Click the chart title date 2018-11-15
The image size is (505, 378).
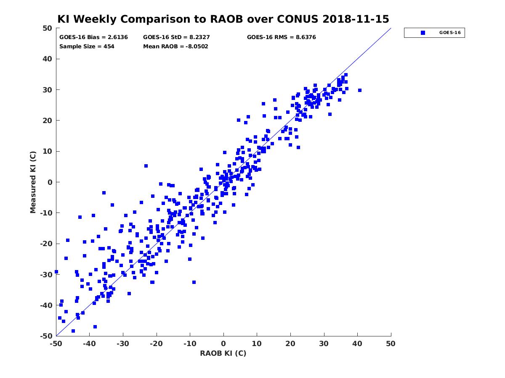pos(356,19)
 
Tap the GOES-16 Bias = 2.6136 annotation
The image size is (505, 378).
pos(93,37)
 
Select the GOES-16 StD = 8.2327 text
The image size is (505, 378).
pos(176,37)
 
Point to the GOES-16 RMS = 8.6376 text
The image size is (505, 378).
pos(281,37)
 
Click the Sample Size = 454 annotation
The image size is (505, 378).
pos(87,47)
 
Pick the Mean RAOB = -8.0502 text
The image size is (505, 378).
pos(175,47)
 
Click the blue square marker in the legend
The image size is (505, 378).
pos(423,33)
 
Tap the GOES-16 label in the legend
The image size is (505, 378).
pos(450,33)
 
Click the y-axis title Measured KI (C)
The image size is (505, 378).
pos(33,182)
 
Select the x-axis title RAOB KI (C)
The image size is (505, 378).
pos(223,353)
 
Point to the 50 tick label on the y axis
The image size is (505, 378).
pos(48,28)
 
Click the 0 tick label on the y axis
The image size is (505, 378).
pos(50,182)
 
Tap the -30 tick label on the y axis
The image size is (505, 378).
pos(46,275)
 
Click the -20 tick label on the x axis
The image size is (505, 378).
pos(156,344)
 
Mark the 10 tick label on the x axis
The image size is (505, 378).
pos(257,344)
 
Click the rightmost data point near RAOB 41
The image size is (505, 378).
pos(359,90)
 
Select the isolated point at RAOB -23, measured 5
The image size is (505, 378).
pos(146,166)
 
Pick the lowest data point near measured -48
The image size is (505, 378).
pos(73,331)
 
